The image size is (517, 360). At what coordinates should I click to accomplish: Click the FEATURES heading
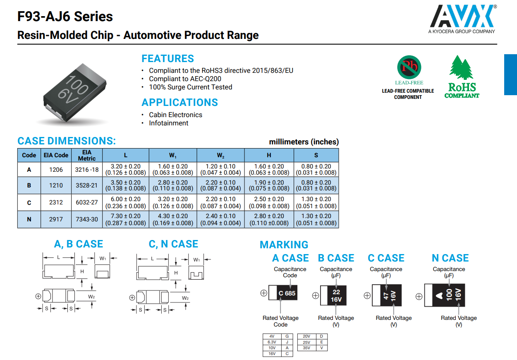[x=168, y=59]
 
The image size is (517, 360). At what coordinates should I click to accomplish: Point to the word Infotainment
[x=168, y=123]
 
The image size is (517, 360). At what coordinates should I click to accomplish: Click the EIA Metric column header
[x=87, y=155]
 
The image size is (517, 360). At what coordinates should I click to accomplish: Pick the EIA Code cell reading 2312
[x=56, y=202]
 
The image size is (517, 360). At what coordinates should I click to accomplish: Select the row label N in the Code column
[x=29, y=219]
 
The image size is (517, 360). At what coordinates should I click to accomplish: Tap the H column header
[x=269, y=155]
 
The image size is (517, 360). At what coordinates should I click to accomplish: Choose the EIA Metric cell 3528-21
[x=87, y=185]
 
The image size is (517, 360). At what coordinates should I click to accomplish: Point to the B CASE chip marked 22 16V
[x=336, y=295]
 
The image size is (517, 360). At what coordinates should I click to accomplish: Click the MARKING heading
[x=284, y=245]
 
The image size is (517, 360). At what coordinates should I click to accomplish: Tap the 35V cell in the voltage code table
[x=306, y=348]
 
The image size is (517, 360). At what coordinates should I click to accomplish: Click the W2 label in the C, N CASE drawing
[x=185, y=298]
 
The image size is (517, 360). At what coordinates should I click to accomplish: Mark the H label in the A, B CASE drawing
[x=82, y=271]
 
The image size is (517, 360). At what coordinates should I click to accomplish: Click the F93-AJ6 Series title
[x=65, y=17]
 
